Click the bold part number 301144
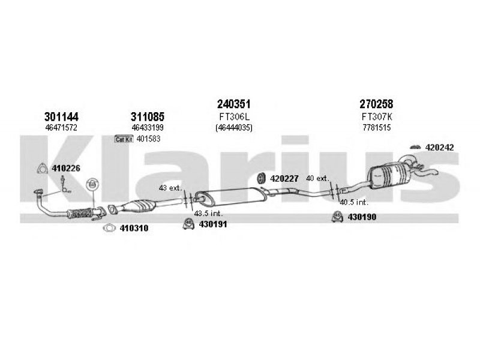coord(61,116)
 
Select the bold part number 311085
coord(148,116)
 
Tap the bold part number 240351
coord(234,104)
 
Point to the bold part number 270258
coord(376,104)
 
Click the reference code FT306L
coord(235,116)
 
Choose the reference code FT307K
coord(377,116)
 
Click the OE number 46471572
coord(61,127)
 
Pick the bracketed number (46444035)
coord(234,127)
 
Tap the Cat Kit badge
coord(124,139)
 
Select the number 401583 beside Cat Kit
coord(148,139)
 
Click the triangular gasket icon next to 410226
coord(42,169)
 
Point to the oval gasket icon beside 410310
coord(109,228)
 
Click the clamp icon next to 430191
coord(188,224)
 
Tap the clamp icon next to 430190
coord(337,217)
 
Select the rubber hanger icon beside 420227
coord(261,179)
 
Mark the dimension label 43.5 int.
coord(208,214)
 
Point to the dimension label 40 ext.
coord(318,178)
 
